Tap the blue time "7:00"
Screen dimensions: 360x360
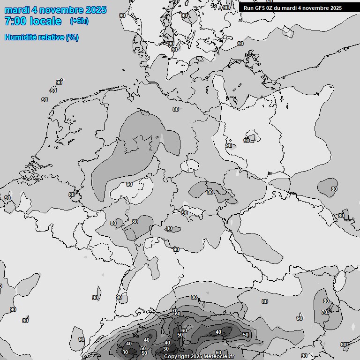coord(15,21)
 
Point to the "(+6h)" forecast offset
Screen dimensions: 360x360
coord(79,21)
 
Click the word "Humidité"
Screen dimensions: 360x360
coord(19,37)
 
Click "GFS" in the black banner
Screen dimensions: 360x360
coord(260,8)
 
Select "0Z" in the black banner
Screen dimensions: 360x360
coord(271,8)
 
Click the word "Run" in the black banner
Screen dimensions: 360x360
coord(248,8)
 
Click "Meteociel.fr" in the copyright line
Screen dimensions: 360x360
coord(219,357)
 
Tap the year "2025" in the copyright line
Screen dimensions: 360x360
coord(197,357)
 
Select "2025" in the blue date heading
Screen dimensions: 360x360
coord(95,10)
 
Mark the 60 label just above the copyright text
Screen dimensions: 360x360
coord(218,352)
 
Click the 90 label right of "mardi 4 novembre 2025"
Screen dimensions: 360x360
coord(122,15)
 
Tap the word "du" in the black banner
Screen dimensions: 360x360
coord(280,8)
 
